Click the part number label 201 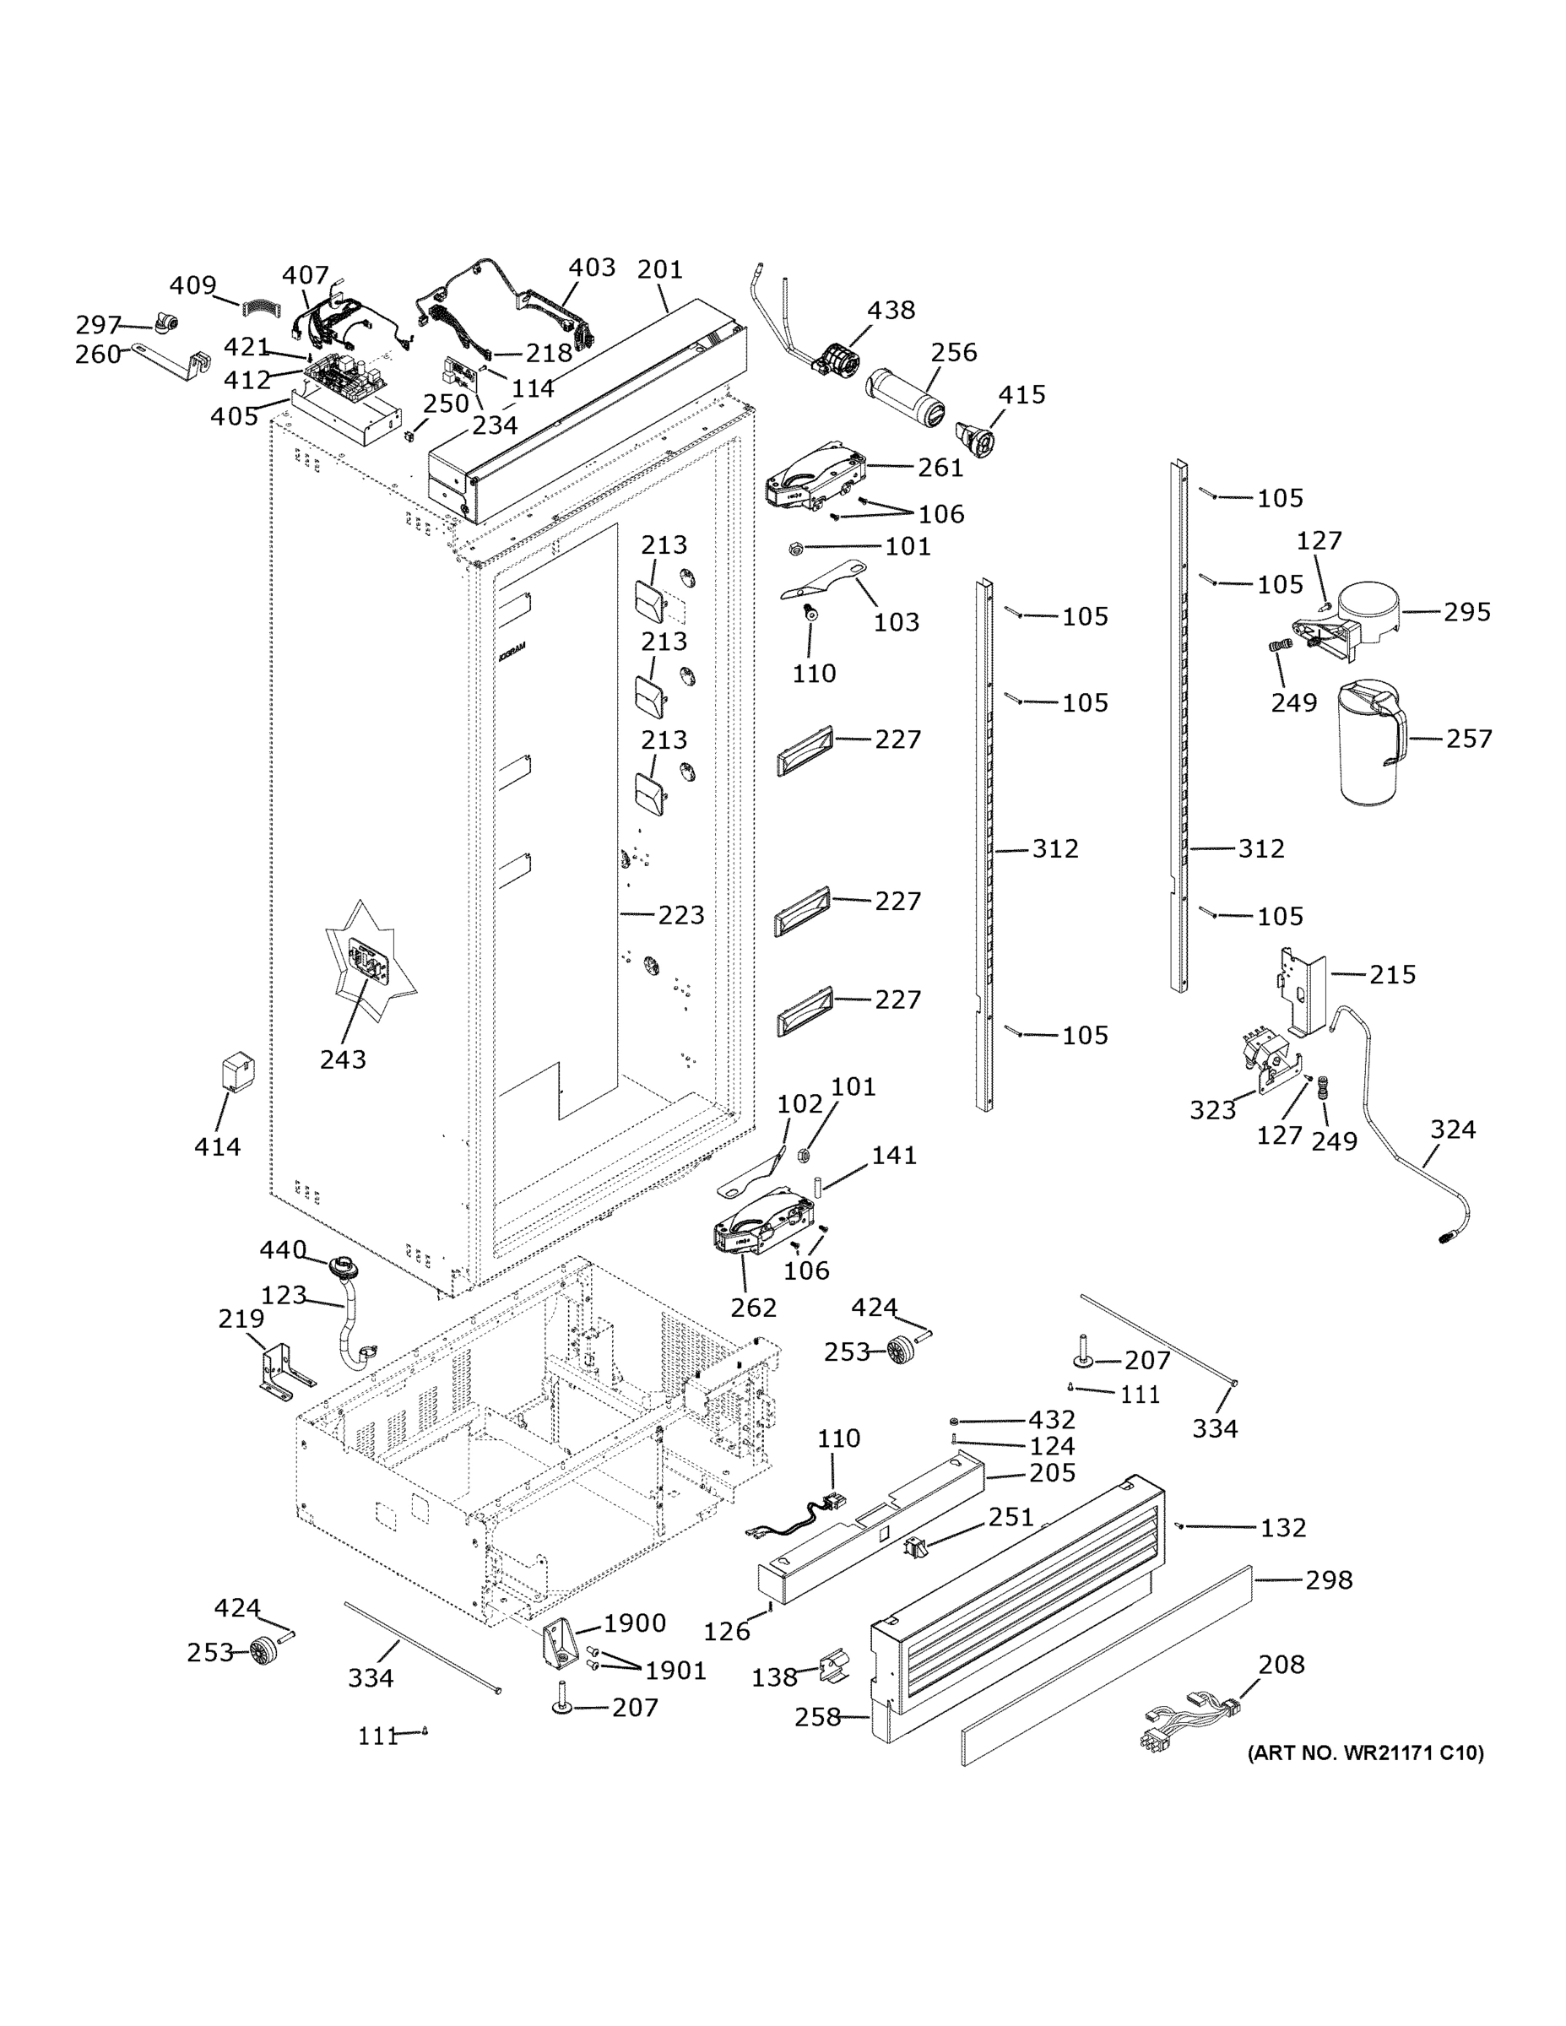pyautogui.click(x=659, y=269)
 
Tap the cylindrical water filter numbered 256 pyautogui.click(x=902, y=395)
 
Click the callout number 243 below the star pyautogui.click(x=343, y=1059)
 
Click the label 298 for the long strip pyautogui.click(x=1329, y=1579)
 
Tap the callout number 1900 pyautogui.click(x=635, y=1622)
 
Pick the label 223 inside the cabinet pyautogui.click(x=681, y=916)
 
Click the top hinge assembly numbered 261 pyautogui.click(x=815, y=479)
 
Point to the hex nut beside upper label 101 pyautogui.click(x=795, y=548)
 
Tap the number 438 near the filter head pyautogui.click(x=891, y=310)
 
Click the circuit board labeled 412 pyautogui.click(x=344, y=377)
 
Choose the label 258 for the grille pyautogui.click(x=817, y=1717)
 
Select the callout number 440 pyautogui.click(x=282, y=1250)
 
